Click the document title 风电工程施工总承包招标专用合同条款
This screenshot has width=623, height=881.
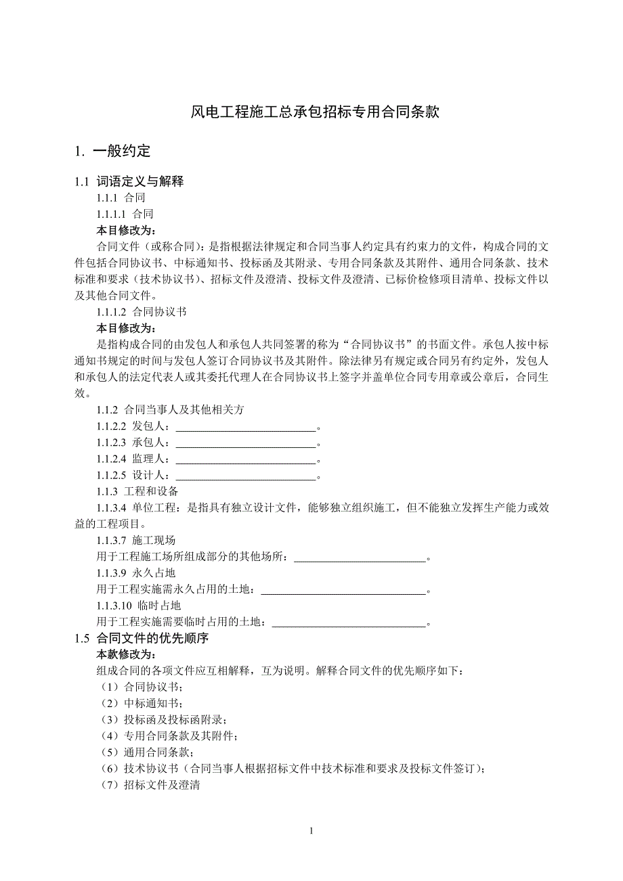(x=315, y=112)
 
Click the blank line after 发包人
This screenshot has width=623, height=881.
(x=246, y=428)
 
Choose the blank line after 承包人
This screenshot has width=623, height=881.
(x=246, y=444)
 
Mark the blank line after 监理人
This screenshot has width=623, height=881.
(x=246, y=460)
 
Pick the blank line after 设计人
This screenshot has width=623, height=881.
(x=246, y=476)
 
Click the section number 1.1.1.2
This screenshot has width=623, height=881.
(x=112, y=313)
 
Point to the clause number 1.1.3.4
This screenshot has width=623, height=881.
(x=112, y=507)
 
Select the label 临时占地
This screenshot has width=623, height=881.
(x=158, y=605)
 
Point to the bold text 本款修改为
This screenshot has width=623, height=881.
(x=127, y=655)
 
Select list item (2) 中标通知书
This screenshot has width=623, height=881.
(x=140, y=704)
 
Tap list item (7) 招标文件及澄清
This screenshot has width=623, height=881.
(x=149, y=785)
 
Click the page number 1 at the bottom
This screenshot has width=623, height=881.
(x=311, y=831)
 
